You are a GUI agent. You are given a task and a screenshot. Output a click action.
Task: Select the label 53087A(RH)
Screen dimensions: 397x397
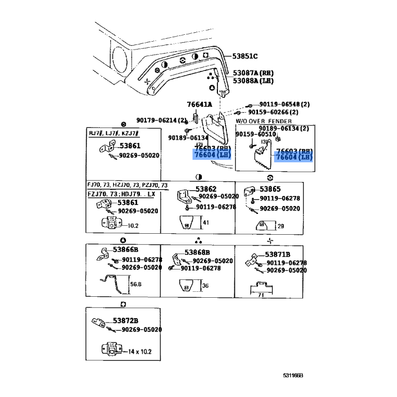pyautogui.click(x=254, y=72)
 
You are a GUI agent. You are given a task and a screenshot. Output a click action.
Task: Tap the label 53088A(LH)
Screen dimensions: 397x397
pyautogui.click(x=254, y=80)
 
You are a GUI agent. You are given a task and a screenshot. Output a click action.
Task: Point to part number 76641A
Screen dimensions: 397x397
pyautogui.click(x=199, y=104)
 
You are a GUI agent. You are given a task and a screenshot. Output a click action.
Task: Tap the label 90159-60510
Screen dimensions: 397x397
pyautogui.click(x=256, y=134)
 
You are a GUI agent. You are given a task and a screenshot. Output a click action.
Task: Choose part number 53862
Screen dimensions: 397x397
pyautogui.click(x=206, y=189)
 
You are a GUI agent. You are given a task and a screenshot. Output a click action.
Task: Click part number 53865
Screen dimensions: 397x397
pyautogui.click(x=270, y=189)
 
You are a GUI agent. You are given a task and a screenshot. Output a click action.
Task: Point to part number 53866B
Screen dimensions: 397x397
pyautogui.click(x=126, y=250)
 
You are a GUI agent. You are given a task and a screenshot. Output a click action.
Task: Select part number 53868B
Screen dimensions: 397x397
pyautogui.click(x=198, y=253)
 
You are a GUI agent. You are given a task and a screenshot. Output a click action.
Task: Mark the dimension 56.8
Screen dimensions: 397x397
pyautogui.click(x=136, y=285)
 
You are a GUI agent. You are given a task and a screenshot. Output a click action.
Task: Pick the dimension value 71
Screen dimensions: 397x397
pyautogui.click(x=260, y=295)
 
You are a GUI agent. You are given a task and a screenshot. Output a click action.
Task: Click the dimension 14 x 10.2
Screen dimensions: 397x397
pyautogui.click(x=139, y=352)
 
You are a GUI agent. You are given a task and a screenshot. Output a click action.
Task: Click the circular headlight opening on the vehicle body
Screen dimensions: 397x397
pyautogui.click(x=120, y=56)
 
